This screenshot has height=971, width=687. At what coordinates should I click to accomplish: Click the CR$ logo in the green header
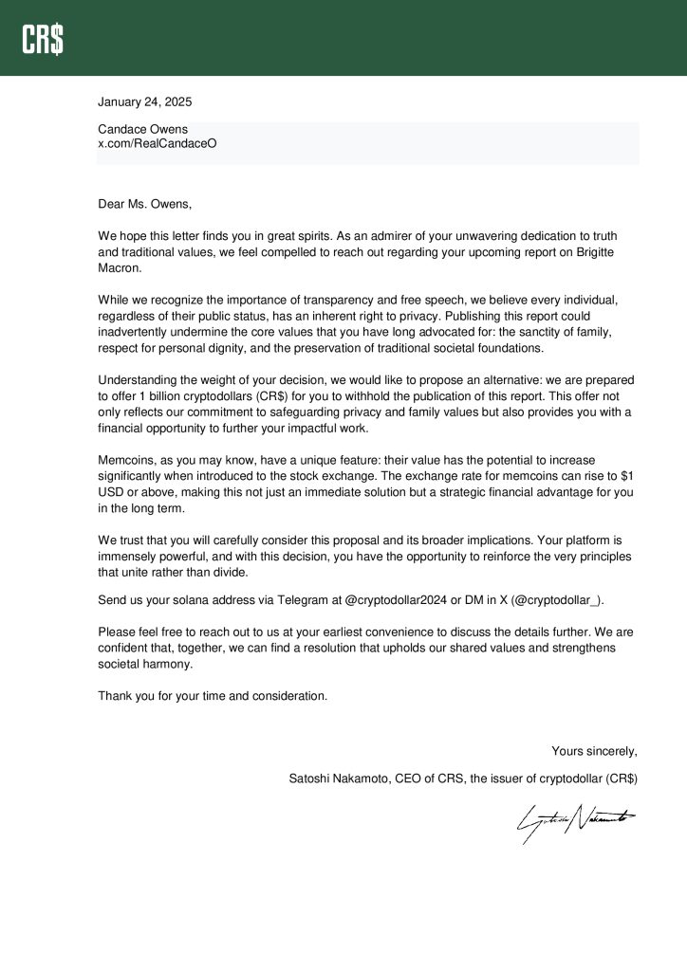click(44, 39)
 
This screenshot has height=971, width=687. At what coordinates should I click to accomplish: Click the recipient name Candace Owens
click(142, 129)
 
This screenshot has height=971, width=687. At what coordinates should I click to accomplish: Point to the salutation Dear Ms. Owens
click(144, 203)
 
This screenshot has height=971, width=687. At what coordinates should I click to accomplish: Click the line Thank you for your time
click(212, 696)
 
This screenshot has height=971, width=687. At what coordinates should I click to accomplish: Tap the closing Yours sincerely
click(594, 752)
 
